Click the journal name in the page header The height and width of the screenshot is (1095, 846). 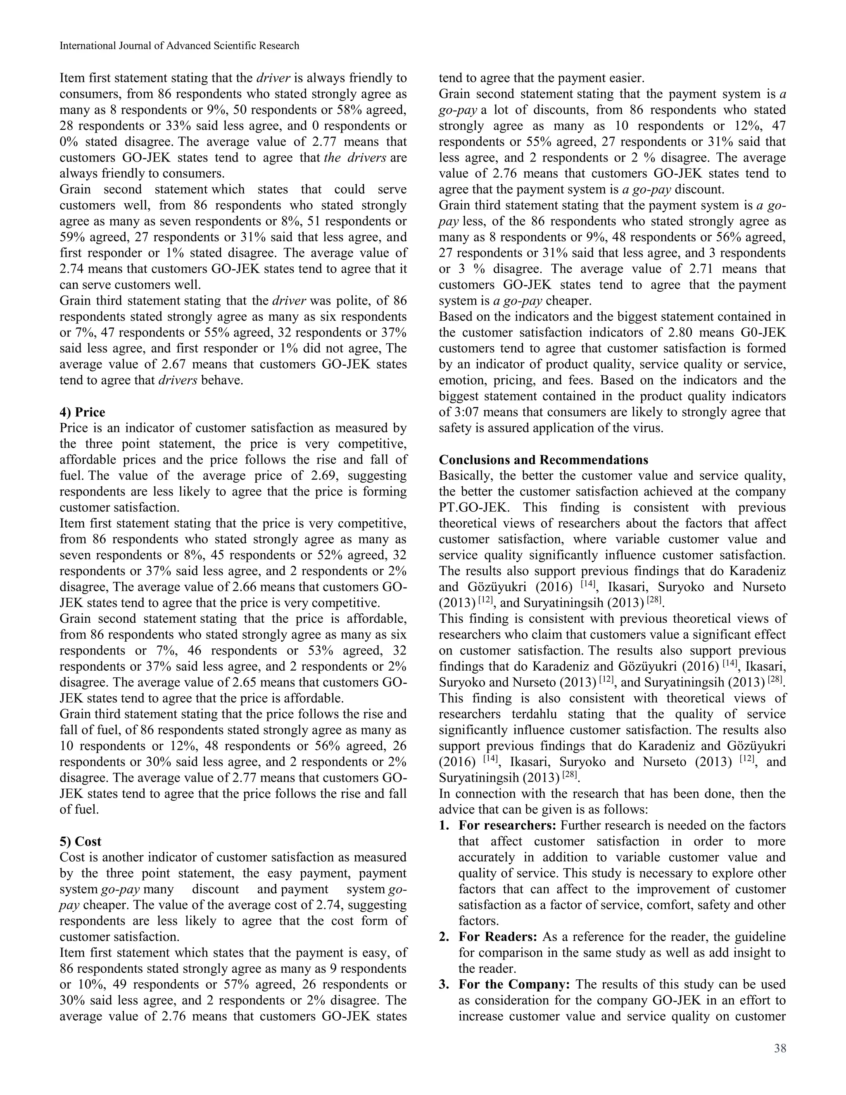coord(179,45)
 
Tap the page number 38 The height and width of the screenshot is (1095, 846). coord(780,1048)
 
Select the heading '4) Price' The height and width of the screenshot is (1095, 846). coord(82,412)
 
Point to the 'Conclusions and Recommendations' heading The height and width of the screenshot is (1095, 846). coord(543,460)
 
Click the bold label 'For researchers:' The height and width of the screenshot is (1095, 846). coord(507,825)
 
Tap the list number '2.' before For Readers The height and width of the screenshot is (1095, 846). coord(444,937)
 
